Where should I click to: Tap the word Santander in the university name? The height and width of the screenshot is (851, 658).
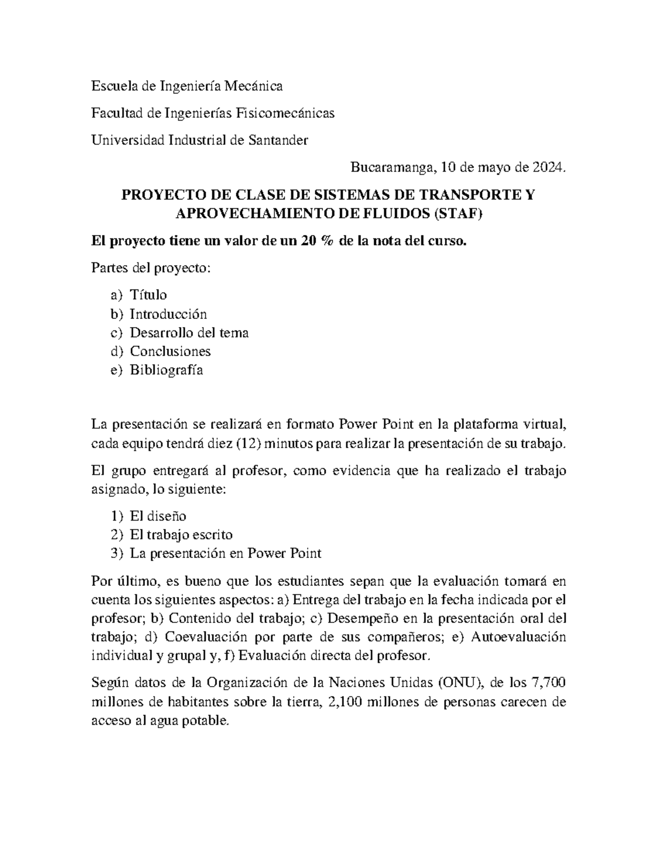point(279,140)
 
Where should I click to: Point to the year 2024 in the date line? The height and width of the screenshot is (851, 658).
point(546,168)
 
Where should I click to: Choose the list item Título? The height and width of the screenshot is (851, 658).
point(148,295)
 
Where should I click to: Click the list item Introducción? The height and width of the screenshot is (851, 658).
point(168,314)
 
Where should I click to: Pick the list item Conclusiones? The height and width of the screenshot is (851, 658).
point(170,351)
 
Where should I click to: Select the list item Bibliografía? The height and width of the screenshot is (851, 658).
point(166,370)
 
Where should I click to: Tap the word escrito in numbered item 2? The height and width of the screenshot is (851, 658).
point(211,535)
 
